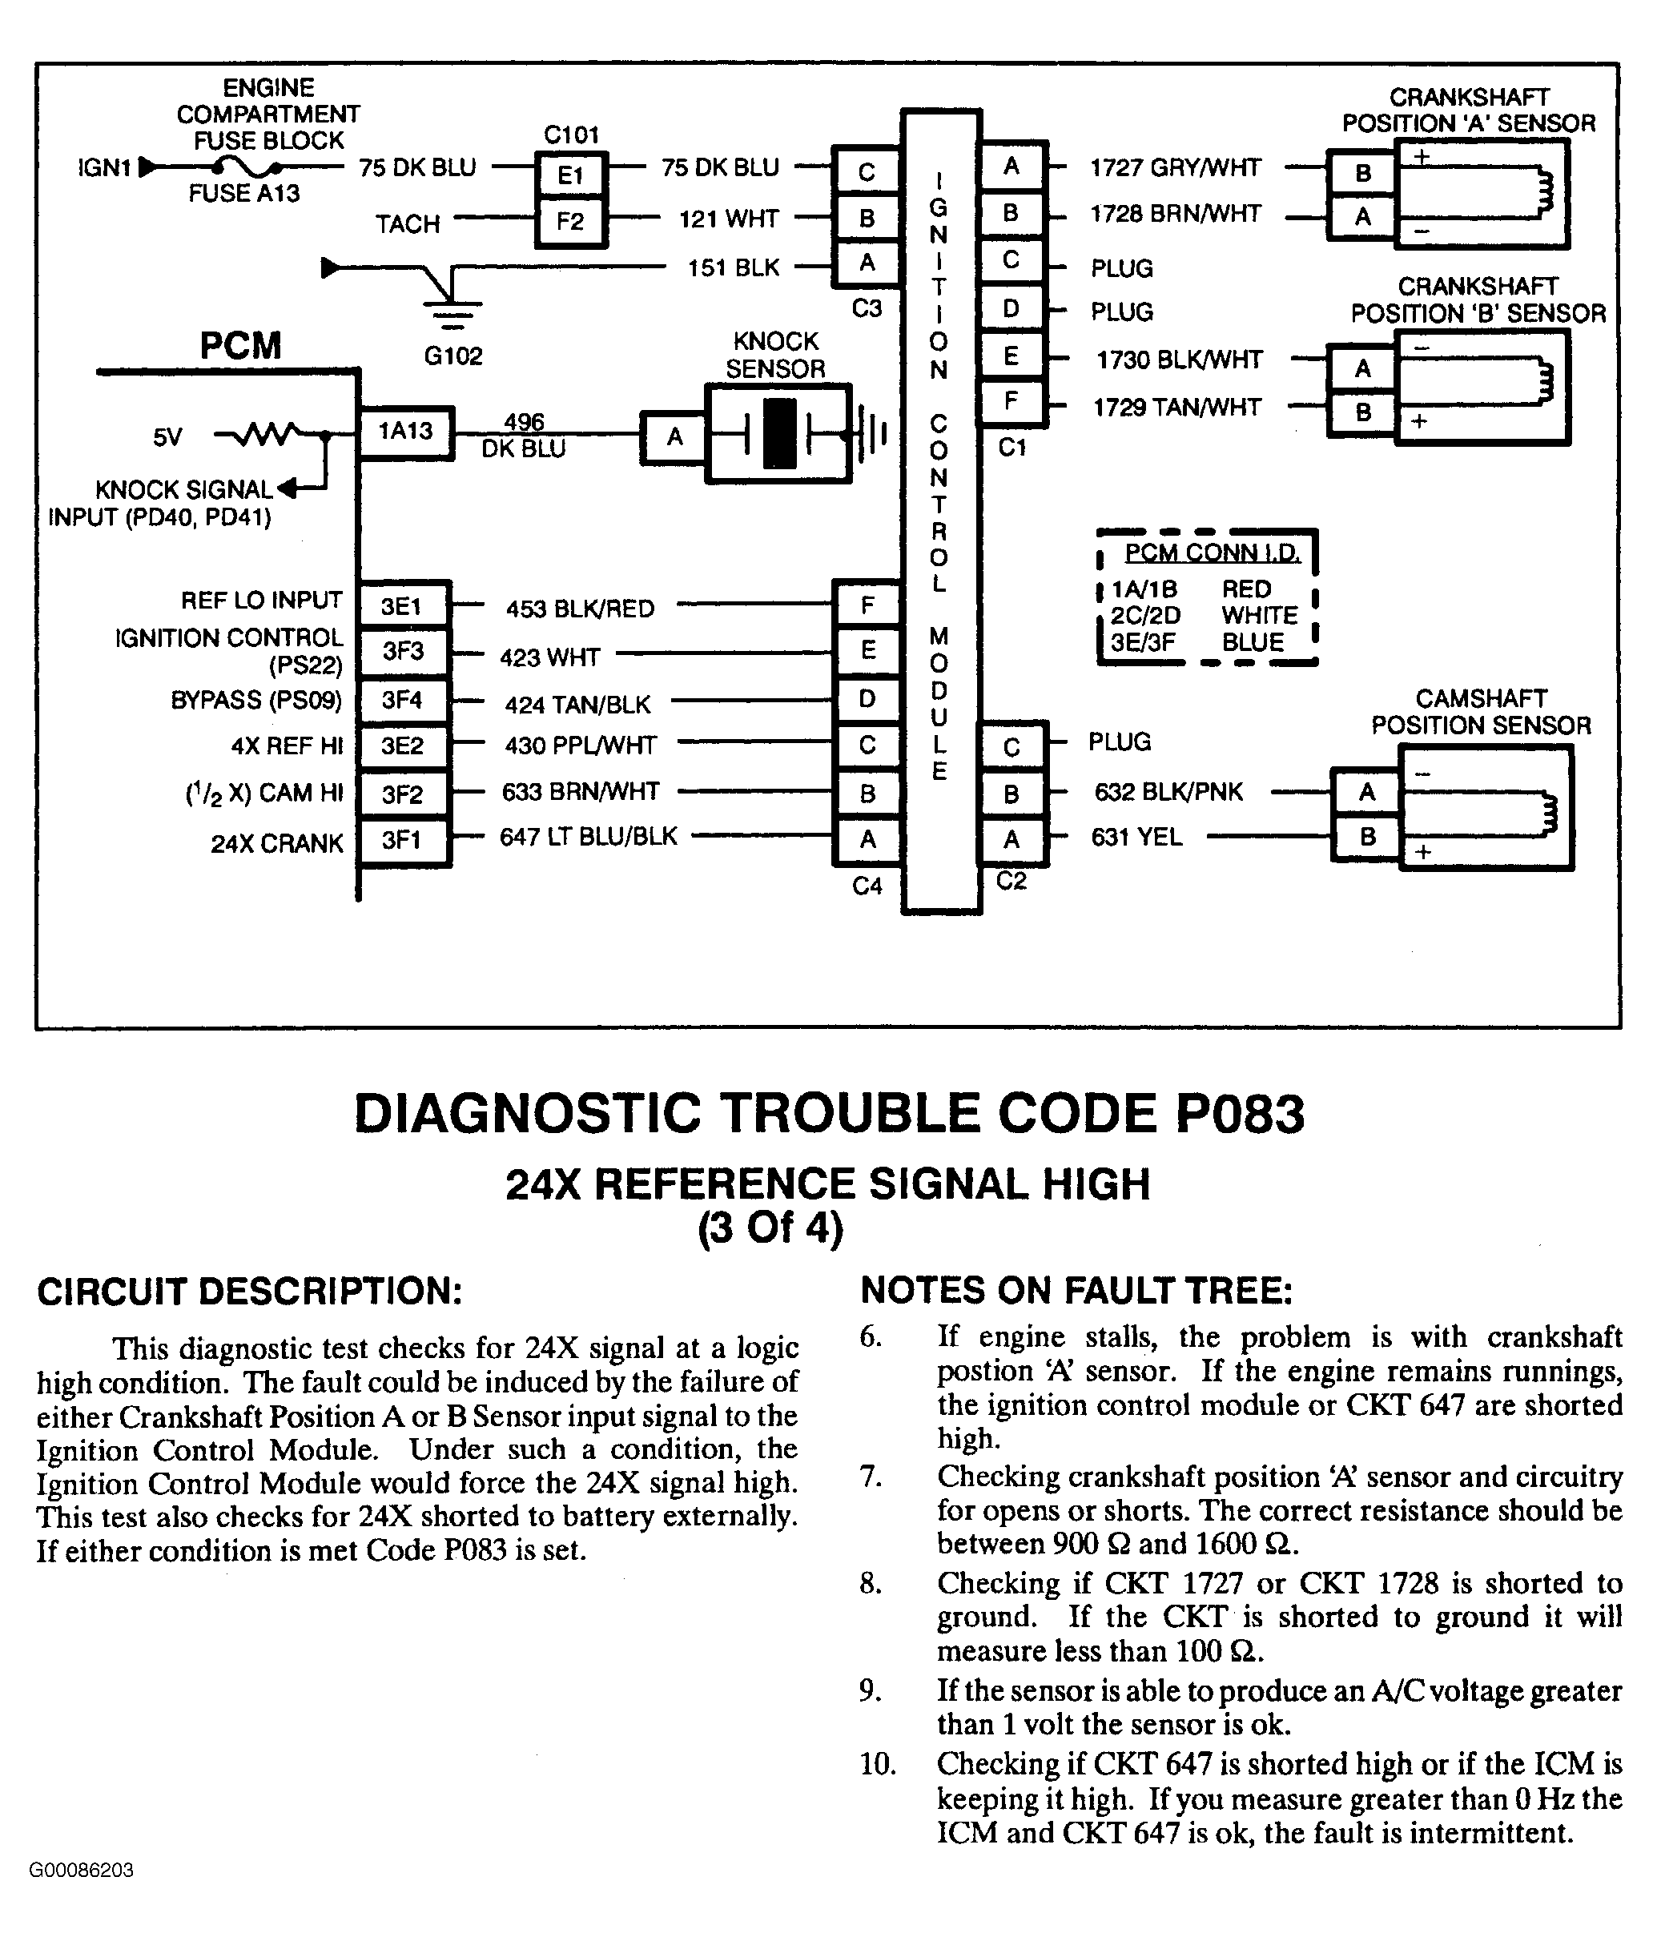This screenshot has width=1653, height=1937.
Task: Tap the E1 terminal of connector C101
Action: click(570, 175)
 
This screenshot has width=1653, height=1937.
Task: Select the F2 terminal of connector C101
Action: click(570, 223)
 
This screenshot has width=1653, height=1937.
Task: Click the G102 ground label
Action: click(453, 356)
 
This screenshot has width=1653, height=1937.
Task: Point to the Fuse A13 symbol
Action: click(246, 168)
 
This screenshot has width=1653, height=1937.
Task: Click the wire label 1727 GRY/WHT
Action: click(1175, 168)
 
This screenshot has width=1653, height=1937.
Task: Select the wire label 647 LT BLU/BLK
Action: click(588, 837)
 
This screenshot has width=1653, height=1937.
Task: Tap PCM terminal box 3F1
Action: click(402, 839)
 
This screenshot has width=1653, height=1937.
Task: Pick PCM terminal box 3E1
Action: click(402, 607)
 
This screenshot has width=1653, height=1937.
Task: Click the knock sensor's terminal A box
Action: click(674, 436)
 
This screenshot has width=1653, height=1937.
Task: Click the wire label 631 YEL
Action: click(1136, 837)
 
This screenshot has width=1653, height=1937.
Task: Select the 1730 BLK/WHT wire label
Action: click(1179, 360)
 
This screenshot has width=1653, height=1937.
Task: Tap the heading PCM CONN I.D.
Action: click(1212, 553)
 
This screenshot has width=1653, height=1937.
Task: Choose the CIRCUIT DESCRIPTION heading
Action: click(250, 1291)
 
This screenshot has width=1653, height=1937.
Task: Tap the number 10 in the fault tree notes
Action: click(877, 1764)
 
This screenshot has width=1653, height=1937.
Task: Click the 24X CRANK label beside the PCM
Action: click(277, 844)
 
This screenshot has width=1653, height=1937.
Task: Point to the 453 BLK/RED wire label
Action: click(580, 609)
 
